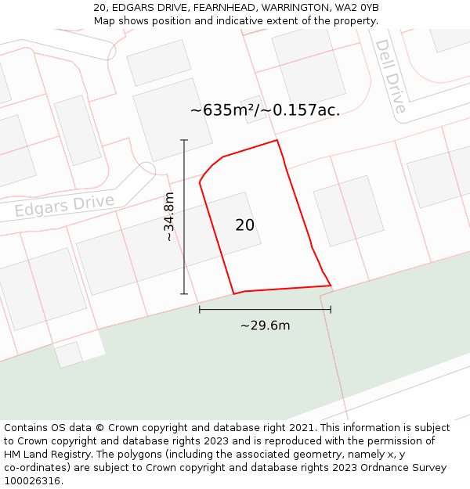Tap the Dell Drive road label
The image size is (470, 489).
click(390, 77)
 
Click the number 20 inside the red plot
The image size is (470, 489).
click(244, 225)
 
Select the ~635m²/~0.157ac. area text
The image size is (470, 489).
click(265, 110)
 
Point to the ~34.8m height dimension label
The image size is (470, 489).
click(169, 217)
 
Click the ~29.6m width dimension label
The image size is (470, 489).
click(265, 325)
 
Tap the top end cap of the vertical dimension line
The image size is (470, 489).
click(185, 140)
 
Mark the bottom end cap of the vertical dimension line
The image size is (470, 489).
click(185, 294)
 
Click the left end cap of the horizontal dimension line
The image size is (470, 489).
click(200, 310)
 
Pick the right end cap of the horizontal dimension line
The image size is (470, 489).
click(331, 310)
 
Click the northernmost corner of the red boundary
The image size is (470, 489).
click(277, 141)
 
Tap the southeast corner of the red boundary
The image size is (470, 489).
click(331, 286)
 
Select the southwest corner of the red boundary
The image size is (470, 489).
click(233, 294)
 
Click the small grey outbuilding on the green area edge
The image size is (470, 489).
click(68, 354)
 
